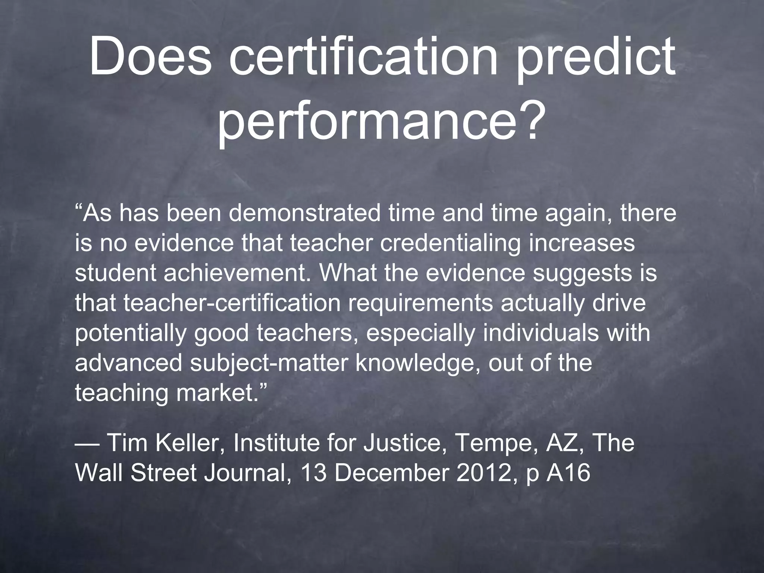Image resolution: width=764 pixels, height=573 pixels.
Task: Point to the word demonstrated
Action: tap(304, 213)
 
